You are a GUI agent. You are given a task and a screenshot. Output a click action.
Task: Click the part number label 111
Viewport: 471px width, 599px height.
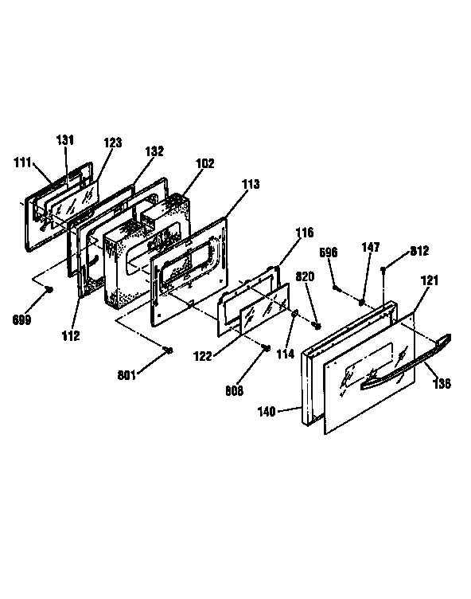tap(22, 162)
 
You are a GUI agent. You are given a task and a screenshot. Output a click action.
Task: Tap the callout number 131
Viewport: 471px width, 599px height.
tap(65, 140)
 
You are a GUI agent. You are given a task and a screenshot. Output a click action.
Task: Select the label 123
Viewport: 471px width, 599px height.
tap(113, 143)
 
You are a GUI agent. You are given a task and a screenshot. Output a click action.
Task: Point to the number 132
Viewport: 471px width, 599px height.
tap(154, 151)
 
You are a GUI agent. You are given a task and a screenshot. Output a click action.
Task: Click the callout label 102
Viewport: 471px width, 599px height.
tap(205, 163)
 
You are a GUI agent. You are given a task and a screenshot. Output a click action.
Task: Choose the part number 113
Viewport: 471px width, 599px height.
tap(251, 184)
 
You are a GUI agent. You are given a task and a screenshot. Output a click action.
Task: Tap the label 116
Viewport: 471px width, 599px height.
tap(305, 233)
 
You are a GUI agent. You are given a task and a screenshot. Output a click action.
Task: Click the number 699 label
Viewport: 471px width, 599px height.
tap(21, 319)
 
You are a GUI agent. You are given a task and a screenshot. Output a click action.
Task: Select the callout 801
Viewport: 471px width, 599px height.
tap(127, 375)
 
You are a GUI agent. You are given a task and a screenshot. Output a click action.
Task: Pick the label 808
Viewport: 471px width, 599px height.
tap(235, 391)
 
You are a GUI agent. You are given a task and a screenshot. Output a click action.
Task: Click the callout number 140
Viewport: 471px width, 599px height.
tap(267, 412)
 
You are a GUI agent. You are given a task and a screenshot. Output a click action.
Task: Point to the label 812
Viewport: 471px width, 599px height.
tap(419, 251)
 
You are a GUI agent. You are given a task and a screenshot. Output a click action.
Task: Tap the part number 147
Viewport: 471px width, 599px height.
tap(371, 247)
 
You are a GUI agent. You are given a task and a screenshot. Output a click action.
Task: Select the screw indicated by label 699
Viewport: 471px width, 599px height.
tap(49, 290)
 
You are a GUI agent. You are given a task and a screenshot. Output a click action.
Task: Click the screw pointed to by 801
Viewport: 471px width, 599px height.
tap(169, 350)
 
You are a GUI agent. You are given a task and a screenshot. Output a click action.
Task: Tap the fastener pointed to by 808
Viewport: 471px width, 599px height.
tap(267, 347)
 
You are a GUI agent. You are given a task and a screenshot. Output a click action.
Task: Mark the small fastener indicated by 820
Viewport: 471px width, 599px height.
tap(316, 326)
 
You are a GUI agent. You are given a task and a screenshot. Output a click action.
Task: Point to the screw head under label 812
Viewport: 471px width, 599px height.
tap(383, 270)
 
